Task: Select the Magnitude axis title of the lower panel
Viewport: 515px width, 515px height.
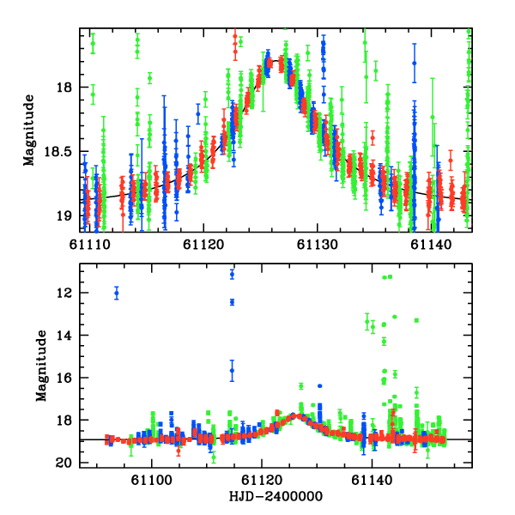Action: coord(40,366)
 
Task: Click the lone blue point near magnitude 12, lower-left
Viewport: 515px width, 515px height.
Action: coord(117,294)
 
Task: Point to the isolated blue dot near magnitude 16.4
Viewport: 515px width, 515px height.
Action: coord(319,386)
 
